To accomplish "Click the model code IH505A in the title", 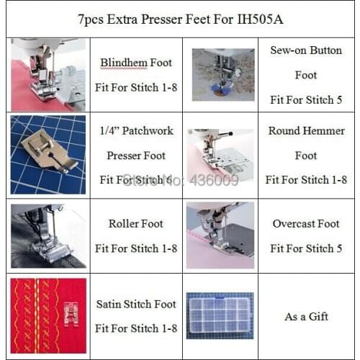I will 260,19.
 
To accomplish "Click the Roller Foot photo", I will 48,235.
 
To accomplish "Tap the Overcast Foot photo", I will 220,235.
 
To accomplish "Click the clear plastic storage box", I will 220,314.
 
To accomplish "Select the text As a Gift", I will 306,317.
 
